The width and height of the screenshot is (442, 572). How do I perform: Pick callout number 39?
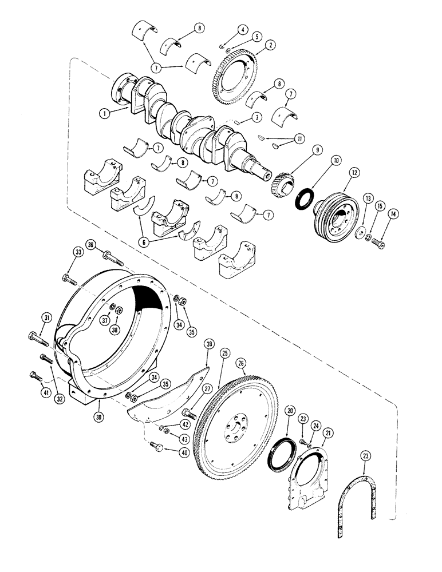[209, 343]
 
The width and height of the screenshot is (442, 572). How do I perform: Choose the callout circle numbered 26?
[241, 363]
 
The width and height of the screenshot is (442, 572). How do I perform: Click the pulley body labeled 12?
[335, 209]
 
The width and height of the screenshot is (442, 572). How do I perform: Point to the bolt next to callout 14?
[378, 243]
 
